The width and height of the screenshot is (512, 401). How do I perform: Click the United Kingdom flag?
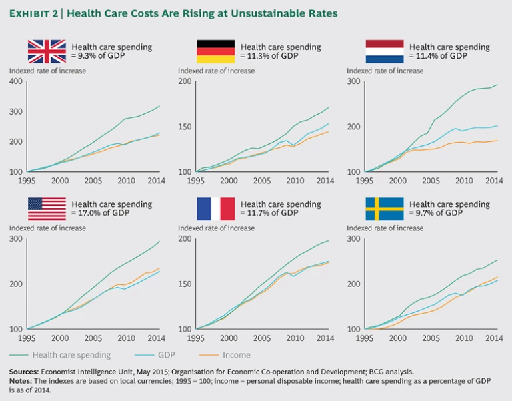pyautogui.click(x=47, y=51)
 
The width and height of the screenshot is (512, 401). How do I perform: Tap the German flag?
pyautogui.click(x=215, y=51)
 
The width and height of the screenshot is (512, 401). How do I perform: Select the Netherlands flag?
pyautogui.click(x=385, y=51)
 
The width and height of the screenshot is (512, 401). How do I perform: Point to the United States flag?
pyautogui.click(x=47, y=208)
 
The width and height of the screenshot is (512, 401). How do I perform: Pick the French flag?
pyautogui.click(x=215, y=208)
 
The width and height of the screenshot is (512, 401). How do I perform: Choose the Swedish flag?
pyautogui.click(x=385, y=208)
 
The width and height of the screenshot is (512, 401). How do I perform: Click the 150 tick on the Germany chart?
pyautogui.click(x=184, y=127)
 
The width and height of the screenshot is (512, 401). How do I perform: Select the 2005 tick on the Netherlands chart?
pyautogui.click(x=431, y=181)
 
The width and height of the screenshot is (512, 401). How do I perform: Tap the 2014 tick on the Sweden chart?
pyautogui.click(x=494, y=338)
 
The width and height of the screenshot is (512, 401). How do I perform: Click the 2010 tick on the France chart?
pyautogui.click(x=293, y=338)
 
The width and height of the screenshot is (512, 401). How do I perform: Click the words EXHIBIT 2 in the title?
pyautogui.click(x=34, y=13)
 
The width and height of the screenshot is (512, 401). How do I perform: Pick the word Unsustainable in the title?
pyautogui.click(x=255, y=13)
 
